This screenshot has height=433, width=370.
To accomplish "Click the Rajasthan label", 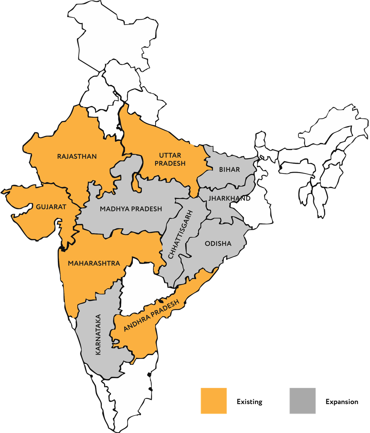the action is [77, 156].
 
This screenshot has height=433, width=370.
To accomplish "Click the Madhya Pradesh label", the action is [131, 209].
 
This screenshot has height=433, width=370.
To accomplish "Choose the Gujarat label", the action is [51, 207].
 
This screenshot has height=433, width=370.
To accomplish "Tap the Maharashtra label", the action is [94, 263].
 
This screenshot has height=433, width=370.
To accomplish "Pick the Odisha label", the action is [218, 243].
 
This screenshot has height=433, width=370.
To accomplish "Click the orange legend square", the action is [213, 401].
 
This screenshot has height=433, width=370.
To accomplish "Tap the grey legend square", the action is [302, 401].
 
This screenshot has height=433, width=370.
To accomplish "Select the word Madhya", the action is [113, 209].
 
